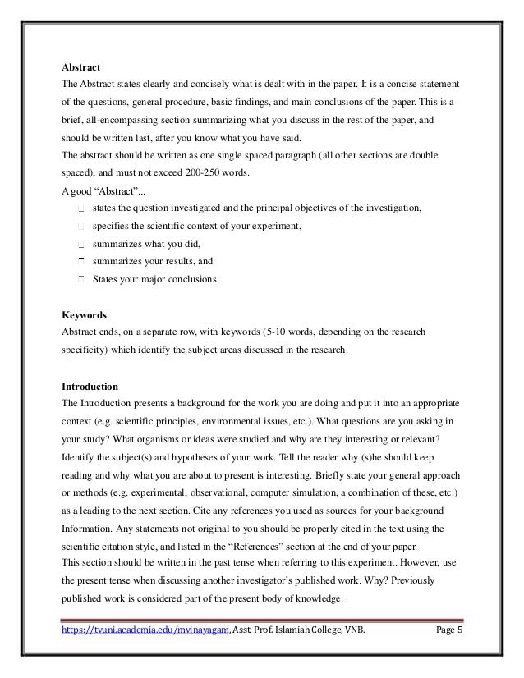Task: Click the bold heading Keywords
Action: [x=84, y=314]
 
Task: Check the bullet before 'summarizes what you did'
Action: [x=80, y=244]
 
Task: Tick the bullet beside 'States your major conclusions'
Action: [x=80, y=280]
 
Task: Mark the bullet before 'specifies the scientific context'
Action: [x=80, y=226]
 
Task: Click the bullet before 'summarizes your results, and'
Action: [x=80, y=262]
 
